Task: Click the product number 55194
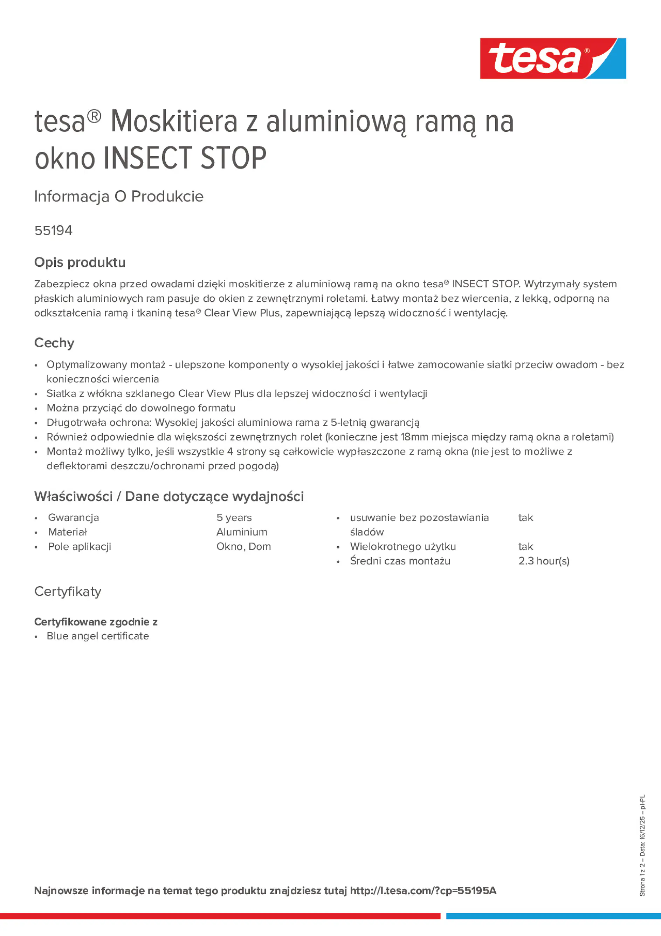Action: [53, 231]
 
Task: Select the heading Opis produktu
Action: [80, 262]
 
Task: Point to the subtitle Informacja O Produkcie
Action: [119, 197]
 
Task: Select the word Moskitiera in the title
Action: [174, 122]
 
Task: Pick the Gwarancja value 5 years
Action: [234, 518]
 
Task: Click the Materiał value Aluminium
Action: [242, 532]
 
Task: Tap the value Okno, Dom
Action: [243, 547]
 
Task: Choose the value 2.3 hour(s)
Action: [544, 561]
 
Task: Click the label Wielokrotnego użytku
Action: [402, 547]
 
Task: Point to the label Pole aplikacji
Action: [80, 547]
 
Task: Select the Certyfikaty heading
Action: [68, 592]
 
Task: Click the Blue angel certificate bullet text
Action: [98, 636]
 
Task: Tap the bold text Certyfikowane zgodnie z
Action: [96, 622]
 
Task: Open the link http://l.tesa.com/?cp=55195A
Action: [423, 891]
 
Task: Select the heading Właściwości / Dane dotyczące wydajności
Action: [169, 497]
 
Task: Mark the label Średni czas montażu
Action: [400, 561]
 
